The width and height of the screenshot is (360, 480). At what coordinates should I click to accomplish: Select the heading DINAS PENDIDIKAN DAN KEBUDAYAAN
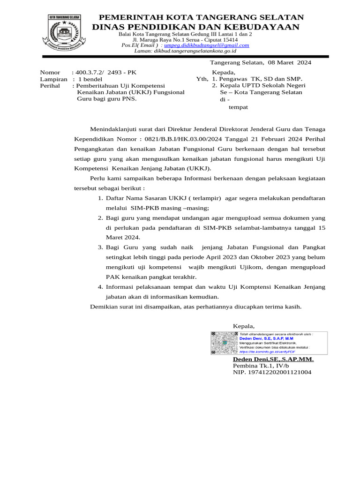pyautogui.click(x=195, y=27)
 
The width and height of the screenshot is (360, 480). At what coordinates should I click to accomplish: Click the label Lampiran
pyautogui.click(x=54, y=80)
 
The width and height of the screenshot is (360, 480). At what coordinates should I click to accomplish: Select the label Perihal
pyautogui.click(x=50, y=86)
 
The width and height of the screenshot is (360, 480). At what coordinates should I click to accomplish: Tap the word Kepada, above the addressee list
pyautogui.click(x=224, y=73)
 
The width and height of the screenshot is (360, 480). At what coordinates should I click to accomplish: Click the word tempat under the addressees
pyautogui.click(x=238, y=107)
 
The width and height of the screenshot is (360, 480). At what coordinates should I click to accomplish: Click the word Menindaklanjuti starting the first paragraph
pyautogui.click(x=116, y=129)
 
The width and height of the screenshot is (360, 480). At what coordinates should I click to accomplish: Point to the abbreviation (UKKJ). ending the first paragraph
pyautogui.click(x=199, y=168)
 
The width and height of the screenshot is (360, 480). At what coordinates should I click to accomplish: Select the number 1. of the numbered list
pyautogui.click(x=100, y=198)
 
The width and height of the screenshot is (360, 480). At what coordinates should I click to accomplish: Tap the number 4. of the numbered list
pyautogui.click(x=100, y=286)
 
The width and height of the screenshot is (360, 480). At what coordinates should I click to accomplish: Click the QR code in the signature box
pyautogui.click(x=224, y=343)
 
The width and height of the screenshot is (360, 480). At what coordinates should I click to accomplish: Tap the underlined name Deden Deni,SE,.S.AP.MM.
pyautogui.click(x=273, y=359)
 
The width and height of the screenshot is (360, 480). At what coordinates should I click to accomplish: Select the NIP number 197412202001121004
pyautogui.click(x=272, y=372)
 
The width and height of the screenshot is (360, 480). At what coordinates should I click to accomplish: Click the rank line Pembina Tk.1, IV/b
pyautogui.click(x=261, y=366)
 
